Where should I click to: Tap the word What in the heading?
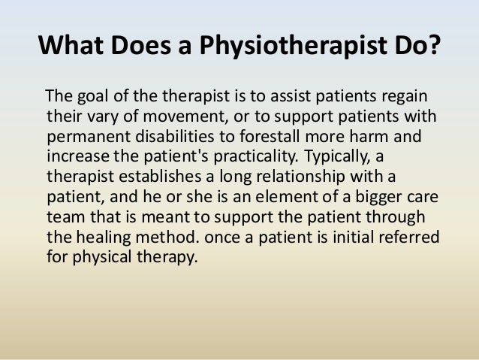pyautogui.click(x=72, y=48)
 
